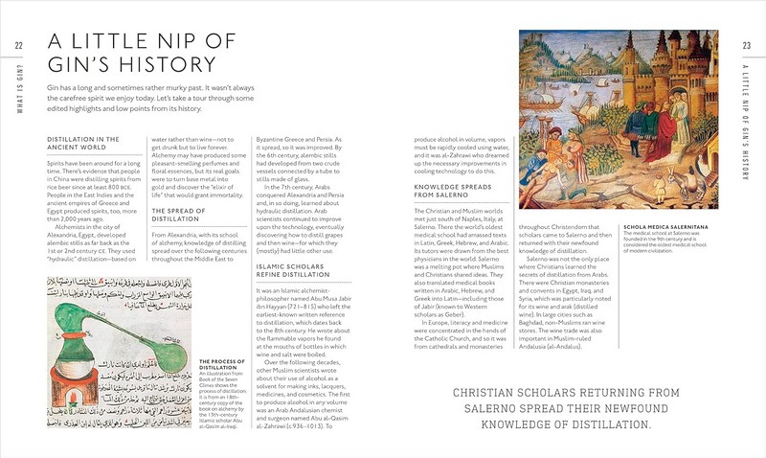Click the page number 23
point(746,47)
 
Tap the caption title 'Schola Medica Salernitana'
point(666,226)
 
